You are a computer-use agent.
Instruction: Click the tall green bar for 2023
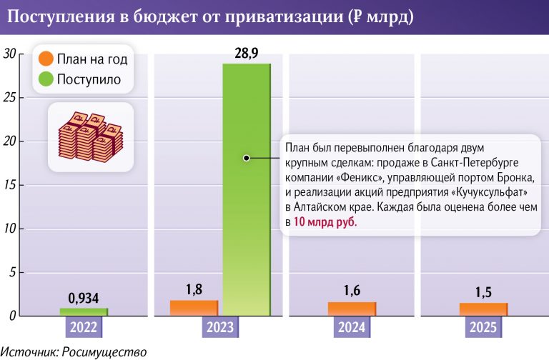pos(247,214)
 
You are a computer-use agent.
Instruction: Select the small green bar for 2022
pos(83,311)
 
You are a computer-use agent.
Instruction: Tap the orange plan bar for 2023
pos(194,308)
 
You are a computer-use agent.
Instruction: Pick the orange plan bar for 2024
pos(352,309)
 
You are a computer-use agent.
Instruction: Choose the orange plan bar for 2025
pos(484,309)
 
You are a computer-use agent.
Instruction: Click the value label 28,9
pos(247,53)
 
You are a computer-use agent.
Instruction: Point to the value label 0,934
pos(83,298)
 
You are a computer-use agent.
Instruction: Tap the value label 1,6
pos(352,290)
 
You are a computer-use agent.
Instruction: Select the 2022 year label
pos(83,328)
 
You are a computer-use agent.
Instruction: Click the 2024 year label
pos(352,328)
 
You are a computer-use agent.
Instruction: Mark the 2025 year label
pos(484,328)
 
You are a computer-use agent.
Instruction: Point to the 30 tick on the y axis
pos(9,54)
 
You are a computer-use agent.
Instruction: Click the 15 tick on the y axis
pos(9,185)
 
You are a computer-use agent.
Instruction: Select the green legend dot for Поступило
pos(46,79)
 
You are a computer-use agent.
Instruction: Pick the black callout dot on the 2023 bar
pos(247,158)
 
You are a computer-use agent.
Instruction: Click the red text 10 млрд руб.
pos(324,222)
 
